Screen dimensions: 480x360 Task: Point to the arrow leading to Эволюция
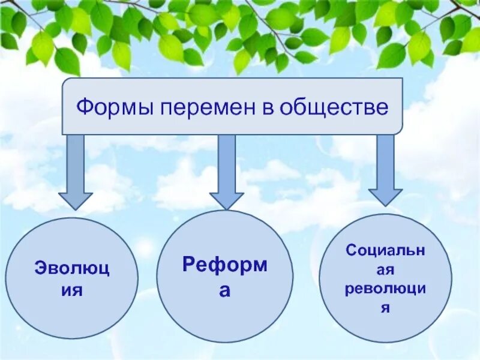(x=75, y=171)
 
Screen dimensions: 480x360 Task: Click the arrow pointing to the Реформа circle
(x=226, y=171)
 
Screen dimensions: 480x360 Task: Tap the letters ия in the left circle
(x=72, y=290)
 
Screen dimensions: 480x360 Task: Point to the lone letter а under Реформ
(x=224, y=290)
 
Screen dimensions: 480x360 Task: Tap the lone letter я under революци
(x=386, y=308)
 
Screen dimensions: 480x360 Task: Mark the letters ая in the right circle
(x=385, y=269)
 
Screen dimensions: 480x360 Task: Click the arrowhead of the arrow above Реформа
(x=226, y=201)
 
